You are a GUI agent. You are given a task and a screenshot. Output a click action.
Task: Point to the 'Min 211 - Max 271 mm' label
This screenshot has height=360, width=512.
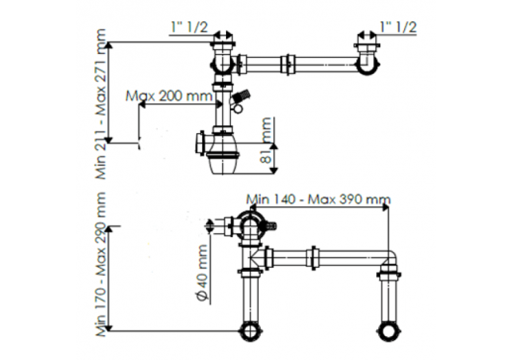[103, 103]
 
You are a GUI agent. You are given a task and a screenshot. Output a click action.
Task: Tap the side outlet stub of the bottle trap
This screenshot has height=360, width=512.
[200, 141]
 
